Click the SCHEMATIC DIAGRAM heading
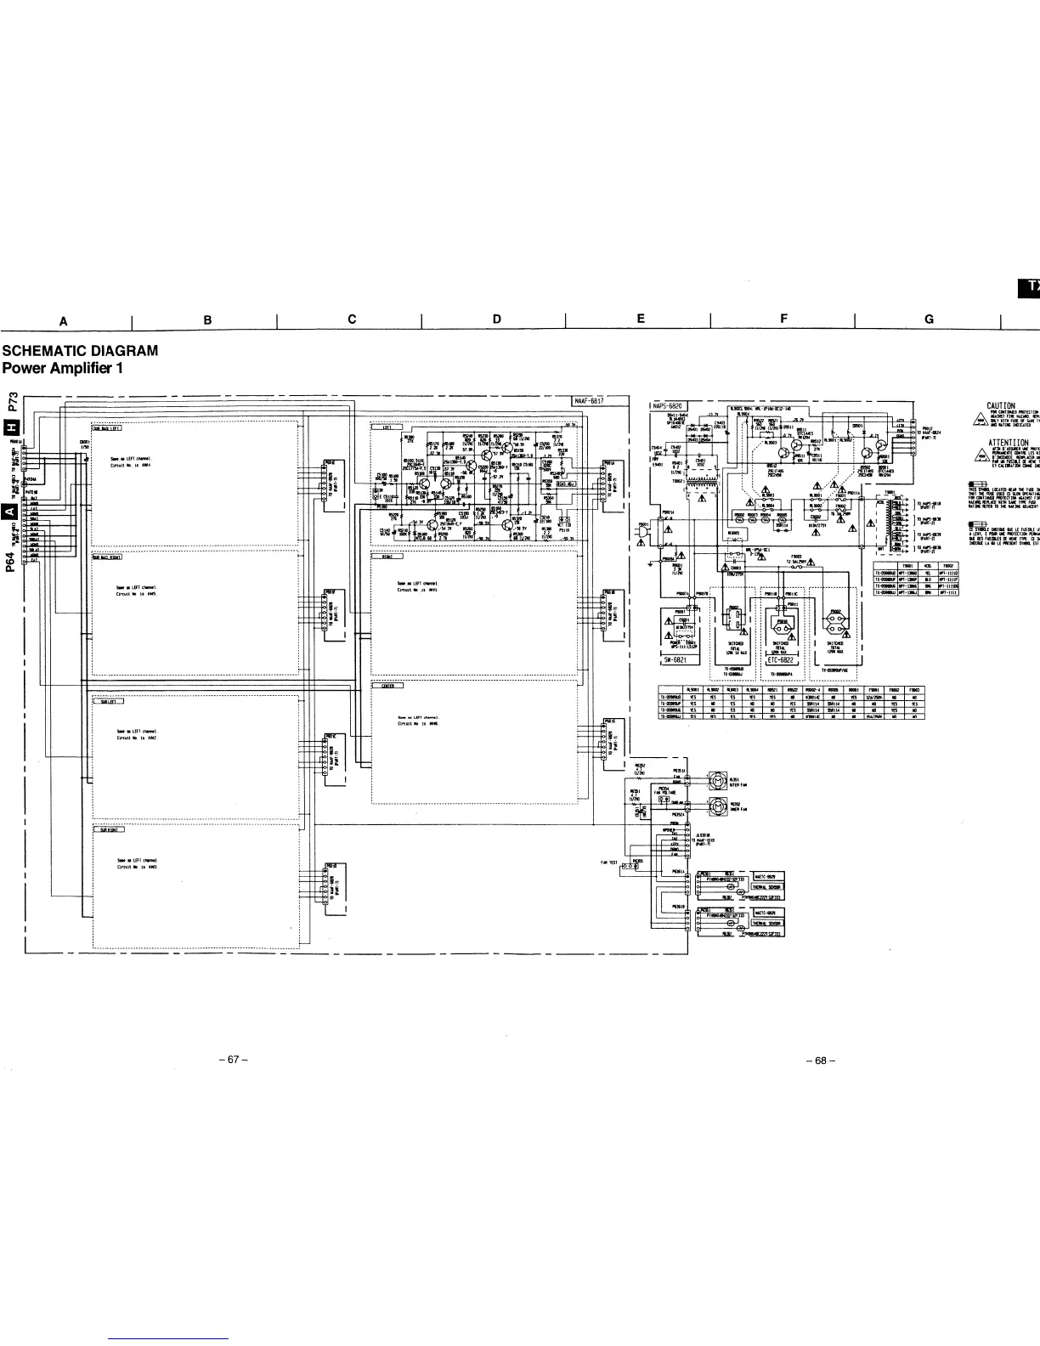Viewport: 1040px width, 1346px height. (80, 350)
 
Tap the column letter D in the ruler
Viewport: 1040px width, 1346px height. (496, 319)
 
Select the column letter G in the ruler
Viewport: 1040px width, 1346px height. (929, 319)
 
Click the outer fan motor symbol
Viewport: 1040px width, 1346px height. (718, 780)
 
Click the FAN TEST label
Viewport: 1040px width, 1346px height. (608, 861)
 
